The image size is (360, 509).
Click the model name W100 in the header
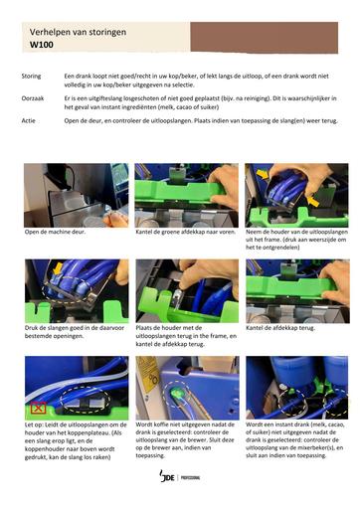click(42, 45)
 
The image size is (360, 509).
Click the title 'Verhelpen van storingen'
click(78, 32)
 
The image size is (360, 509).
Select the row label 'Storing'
click(31, 76)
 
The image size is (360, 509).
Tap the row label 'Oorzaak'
click(33, 98)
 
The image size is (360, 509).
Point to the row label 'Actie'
click(28, 121)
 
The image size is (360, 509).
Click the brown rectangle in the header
click(265, 37)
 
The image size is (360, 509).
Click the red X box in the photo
click(38, 408)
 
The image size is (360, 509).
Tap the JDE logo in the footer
click(167, 476)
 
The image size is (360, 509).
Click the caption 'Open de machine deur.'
click(55, 232)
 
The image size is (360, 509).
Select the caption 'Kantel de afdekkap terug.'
click(280, 328)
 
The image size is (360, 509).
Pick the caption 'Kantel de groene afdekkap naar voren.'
click(186, 232)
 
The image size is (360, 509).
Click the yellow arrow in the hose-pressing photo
click(58, 268)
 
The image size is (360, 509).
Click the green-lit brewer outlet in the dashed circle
click(176, 395)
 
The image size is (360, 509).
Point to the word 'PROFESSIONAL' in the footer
click(191, 477)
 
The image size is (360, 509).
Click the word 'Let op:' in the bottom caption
click(34, 424)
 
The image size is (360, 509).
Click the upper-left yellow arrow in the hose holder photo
click(263, 174)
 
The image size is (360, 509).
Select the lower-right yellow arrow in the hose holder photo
click(312, 201)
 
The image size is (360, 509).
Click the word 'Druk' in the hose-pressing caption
click(32, 328)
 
